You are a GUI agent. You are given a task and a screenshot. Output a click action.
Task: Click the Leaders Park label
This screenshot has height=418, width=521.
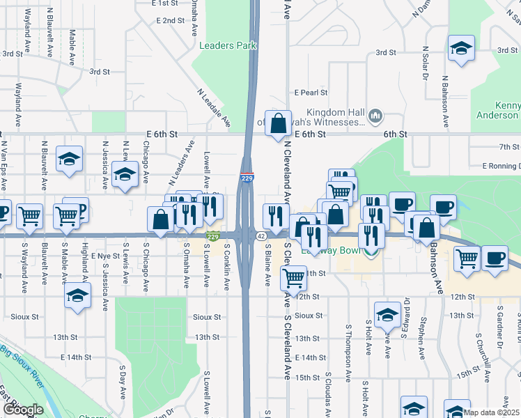click(228, 46)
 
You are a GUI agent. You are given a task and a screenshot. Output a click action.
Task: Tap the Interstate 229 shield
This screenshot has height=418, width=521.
click(247, 178)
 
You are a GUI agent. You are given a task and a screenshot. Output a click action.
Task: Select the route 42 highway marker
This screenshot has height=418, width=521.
click(260, 237)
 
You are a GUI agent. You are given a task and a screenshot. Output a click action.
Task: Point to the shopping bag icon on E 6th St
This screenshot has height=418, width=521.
click(278, 123)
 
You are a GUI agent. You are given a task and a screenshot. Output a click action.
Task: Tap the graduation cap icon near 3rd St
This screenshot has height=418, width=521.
click(460, 48)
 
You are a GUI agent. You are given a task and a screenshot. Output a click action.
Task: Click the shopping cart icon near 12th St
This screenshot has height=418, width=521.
click(293, 279)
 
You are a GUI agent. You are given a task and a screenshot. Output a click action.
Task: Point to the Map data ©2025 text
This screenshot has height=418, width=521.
click(491, 412)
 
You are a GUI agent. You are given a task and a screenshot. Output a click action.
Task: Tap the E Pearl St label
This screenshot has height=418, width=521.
click(311, 92)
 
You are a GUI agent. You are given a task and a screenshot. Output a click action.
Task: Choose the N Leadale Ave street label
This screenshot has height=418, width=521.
click(214, 107)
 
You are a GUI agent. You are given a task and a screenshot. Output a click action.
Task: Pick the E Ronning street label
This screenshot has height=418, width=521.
click(501, 166)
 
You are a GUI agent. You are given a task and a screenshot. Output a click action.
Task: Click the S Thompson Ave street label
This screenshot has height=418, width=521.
click(348, 341)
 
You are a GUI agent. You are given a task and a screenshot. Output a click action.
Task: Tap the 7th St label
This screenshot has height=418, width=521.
click(509, 146)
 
